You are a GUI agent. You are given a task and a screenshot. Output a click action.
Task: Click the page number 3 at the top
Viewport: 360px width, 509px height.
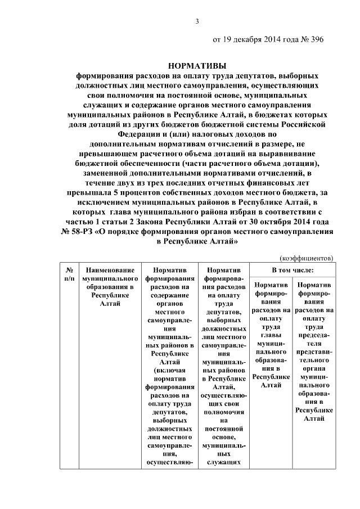pos(197,22)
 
